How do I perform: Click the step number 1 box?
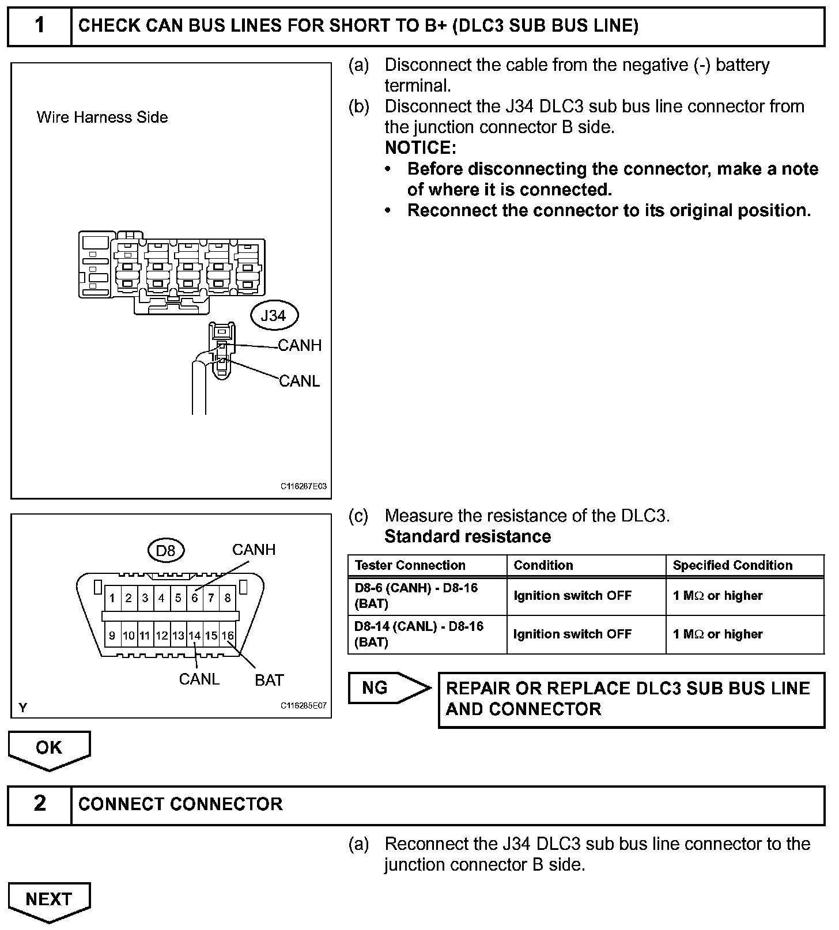[39, 26]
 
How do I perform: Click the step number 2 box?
[39, 804]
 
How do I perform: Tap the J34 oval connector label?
[274, 316]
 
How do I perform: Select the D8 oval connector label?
[165, 551]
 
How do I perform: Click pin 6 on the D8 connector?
[195, 598]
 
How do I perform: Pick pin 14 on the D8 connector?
[195, 636]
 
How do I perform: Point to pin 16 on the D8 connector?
[228, 636]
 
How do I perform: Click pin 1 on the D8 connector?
[112, 598]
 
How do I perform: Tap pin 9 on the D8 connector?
[112, 636]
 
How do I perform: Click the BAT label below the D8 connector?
[269, 681]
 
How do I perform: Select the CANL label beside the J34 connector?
[299, 381]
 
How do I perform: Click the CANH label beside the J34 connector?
[300, 346]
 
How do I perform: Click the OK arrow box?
[49, 748]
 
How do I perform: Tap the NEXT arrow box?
[49, 899]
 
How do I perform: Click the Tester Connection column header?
[410, 565]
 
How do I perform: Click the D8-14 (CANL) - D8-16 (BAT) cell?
[418, 634]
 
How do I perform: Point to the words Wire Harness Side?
[102, 118]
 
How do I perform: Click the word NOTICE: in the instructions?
[420, 148]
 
